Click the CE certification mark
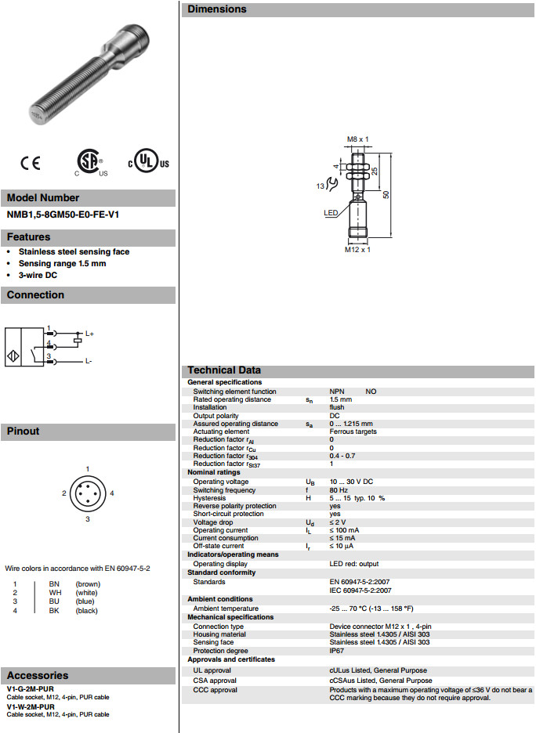[30, 163]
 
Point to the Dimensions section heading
[217, 9]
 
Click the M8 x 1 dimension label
[357, 139]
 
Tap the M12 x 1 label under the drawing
[357, 250]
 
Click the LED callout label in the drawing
[331, 212]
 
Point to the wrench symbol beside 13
[332, 185]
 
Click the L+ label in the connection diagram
[89, 334]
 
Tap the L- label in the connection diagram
[89, 361]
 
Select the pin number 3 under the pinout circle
[88, 518]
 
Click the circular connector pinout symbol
[87, 493]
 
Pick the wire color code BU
[53, 601]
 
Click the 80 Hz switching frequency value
[339, 490]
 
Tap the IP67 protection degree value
[337, 651]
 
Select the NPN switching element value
[338, 392]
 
